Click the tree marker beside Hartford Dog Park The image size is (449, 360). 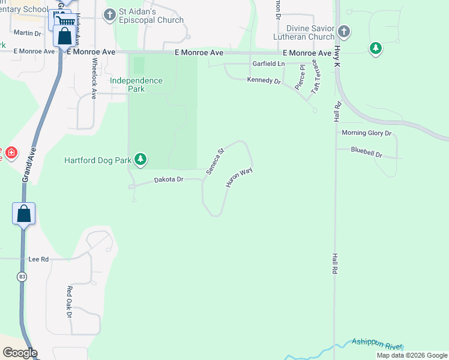140,159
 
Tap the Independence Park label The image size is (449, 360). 136,85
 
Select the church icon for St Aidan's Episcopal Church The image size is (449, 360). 109,14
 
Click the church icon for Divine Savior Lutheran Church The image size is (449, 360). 343,31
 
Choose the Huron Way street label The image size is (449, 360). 238,178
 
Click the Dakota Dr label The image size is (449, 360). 169,179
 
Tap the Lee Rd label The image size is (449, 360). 38,259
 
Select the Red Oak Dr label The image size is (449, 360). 70,302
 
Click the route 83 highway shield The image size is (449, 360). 22,277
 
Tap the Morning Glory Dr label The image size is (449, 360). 366,133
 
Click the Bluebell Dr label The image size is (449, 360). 367,154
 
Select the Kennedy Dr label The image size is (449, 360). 264,80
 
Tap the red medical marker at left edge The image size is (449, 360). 11,154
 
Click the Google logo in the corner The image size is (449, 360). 20,353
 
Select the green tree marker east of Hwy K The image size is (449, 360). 376,48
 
